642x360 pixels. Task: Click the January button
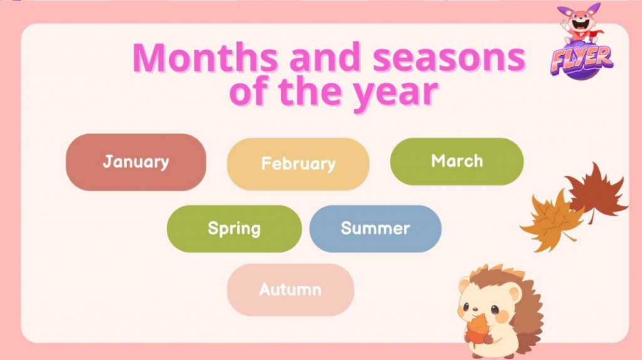136,162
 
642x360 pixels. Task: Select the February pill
298,164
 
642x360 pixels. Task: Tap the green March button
457,161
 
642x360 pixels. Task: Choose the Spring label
234,228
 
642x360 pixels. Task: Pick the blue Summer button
376,228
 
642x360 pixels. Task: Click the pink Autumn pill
290,290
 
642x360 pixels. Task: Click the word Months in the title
205,57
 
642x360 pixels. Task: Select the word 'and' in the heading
325,57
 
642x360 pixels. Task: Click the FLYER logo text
581,60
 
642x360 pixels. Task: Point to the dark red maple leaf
597,192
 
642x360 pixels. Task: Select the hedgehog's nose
475,309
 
